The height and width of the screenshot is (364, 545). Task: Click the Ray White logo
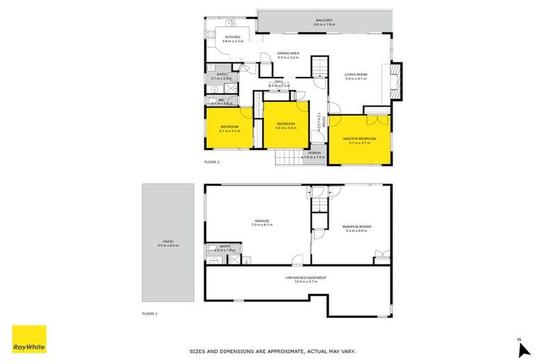click(x=29, y=340)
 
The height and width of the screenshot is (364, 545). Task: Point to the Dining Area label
click(x=287, y=54)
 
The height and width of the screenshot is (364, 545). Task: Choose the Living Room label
click(x=355, y=75)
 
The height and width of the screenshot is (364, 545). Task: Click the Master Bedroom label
click(x=359, y=139)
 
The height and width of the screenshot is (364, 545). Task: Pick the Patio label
click(x=167, y=242)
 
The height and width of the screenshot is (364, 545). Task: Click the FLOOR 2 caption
click(x=212, y=163)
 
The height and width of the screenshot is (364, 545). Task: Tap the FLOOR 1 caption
click(x=149, y=313)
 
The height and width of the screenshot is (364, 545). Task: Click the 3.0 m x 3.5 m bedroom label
click(x=285, y=126)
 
